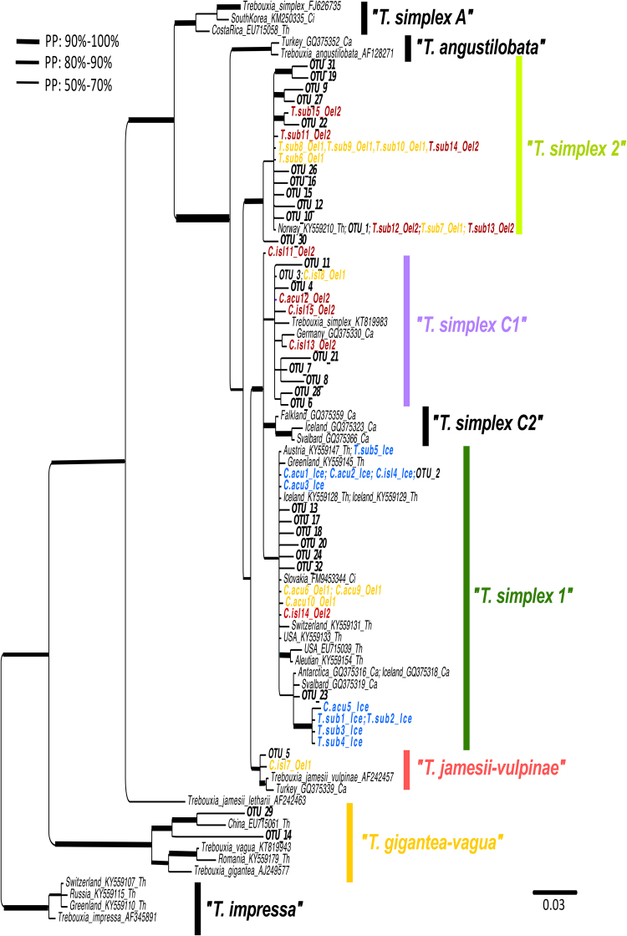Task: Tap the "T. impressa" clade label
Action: (253, 907)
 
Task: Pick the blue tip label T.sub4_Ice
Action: (339, 741)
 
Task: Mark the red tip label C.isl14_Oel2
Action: (309, 613)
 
